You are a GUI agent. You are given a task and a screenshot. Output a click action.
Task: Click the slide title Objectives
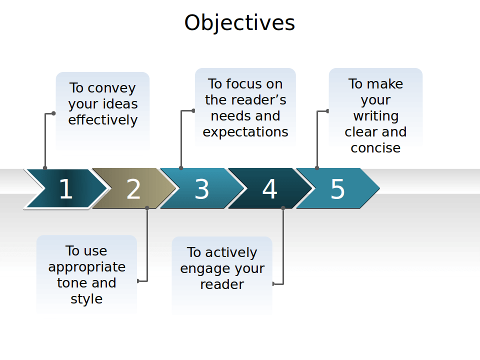coord(239,22)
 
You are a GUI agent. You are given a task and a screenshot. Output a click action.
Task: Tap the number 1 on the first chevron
coord(65,189)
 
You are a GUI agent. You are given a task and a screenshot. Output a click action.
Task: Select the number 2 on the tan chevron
coord(133,189)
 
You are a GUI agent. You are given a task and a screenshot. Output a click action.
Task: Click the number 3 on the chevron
coord(201,189)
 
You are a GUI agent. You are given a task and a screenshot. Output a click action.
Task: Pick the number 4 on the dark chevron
coord(269,189)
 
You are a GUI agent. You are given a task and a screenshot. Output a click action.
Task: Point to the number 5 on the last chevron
coord(337,189)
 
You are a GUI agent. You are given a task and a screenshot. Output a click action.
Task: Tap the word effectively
coord(102,120)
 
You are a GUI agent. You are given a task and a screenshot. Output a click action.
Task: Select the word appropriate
coord(86,267)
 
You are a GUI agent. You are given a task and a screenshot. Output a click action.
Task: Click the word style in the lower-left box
coord(86,299)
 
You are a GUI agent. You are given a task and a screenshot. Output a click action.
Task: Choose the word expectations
coord(245,132)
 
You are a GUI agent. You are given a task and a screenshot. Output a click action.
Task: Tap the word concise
coord(375,148)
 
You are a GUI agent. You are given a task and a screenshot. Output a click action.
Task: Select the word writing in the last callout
coord(375,116)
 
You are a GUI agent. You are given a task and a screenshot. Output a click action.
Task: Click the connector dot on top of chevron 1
coord(45,168)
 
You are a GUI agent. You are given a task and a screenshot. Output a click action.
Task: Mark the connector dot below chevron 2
coord(147,207)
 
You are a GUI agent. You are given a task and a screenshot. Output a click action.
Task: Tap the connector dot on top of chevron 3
coord(181,168)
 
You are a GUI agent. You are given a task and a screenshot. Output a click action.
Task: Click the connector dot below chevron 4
coord(283,207)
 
